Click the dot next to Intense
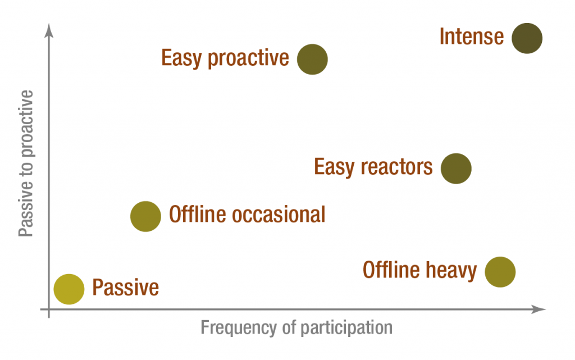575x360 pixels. [527, 39]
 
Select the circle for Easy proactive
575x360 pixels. [312, 60]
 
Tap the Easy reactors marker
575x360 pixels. [456, 168]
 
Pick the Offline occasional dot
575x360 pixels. [145, 216]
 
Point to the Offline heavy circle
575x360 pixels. [500, 272]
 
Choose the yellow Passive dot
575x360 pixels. [69, 289]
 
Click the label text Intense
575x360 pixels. [472, 37]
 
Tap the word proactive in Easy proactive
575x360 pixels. [248, 58]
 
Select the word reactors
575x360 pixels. [397, 167]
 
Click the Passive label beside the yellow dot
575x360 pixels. [125, 287]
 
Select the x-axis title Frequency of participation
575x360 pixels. [296, 328]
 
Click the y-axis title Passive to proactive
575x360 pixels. [26, 163]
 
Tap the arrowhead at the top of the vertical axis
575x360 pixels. [49, 30]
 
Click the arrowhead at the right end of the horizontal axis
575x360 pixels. [539, 309]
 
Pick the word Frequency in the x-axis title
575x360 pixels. [238, 328]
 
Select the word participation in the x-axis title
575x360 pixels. [346, 328]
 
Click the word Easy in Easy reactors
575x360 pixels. [335, 167]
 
